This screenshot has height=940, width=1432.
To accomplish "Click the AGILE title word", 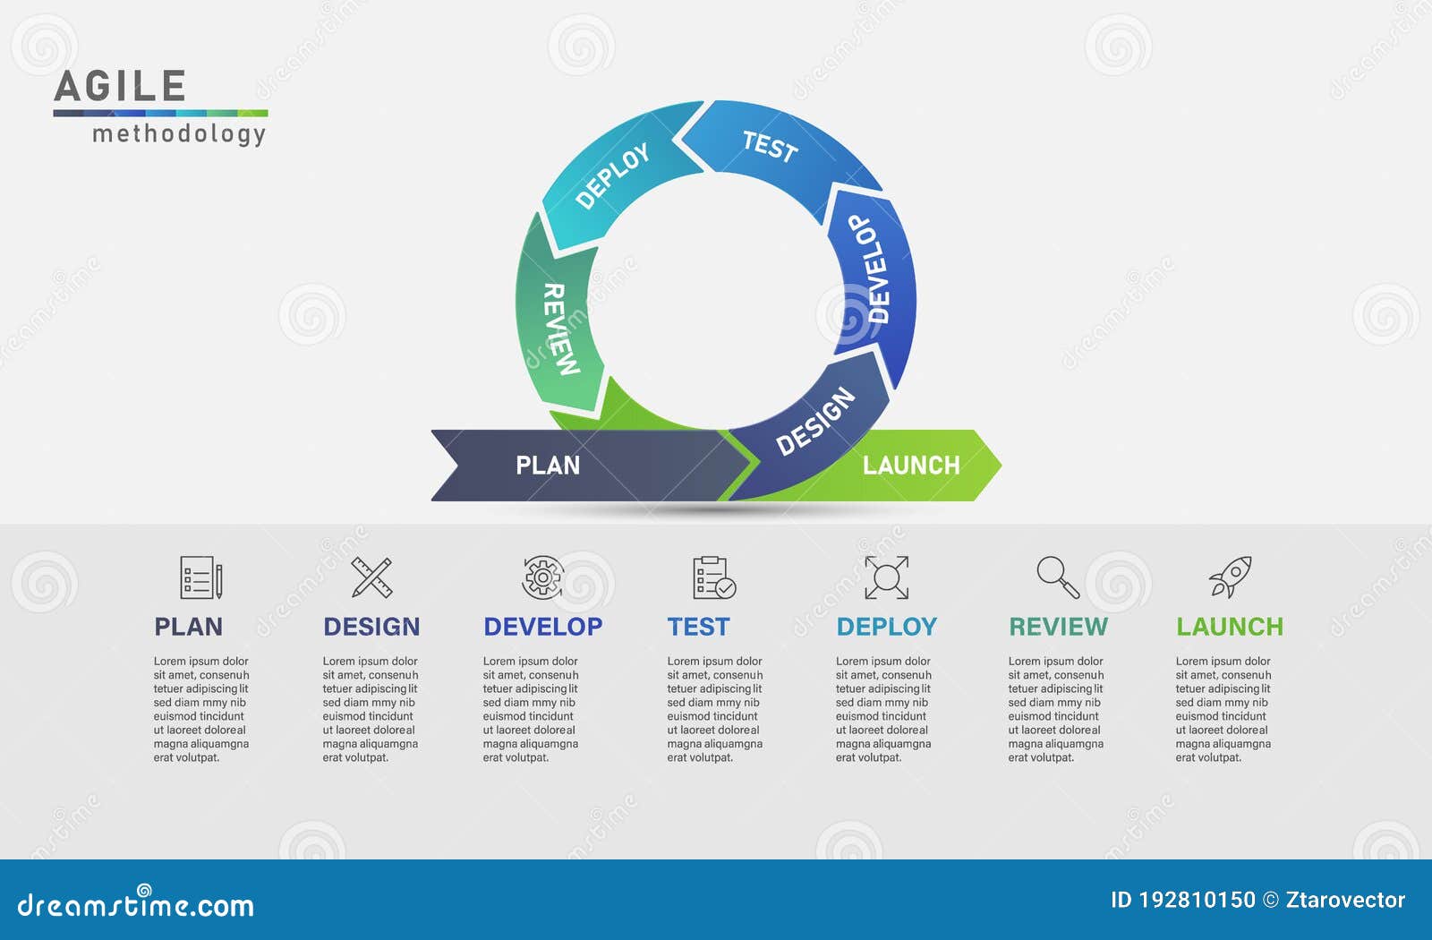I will [120, 87].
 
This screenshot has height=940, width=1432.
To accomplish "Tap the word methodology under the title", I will [179, 134].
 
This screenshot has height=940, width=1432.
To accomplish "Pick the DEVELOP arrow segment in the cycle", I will [871, 269].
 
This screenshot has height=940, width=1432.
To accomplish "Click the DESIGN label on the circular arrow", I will [814, 421].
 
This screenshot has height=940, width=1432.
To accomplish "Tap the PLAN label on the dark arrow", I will [548, 466].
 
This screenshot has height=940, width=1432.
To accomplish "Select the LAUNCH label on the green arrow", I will [911, 466].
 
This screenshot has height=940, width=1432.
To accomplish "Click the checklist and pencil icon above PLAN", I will [200, 577].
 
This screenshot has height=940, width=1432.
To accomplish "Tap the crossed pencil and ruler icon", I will [371, 577].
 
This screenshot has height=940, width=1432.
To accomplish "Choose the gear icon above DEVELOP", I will [542, 577].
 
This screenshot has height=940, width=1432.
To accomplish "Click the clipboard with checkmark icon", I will [713, 577].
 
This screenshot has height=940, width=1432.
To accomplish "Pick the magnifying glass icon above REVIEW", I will [1058, 577].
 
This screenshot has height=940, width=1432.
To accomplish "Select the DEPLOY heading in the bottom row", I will [886, 627].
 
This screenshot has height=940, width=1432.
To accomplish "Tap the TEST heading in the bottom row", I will [698, 627].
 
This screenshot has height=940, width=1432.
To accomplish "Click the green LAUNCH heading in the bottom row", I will [1229, 627].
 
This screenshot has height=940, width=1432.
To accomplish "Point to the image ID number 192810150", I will [1197, 900].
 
